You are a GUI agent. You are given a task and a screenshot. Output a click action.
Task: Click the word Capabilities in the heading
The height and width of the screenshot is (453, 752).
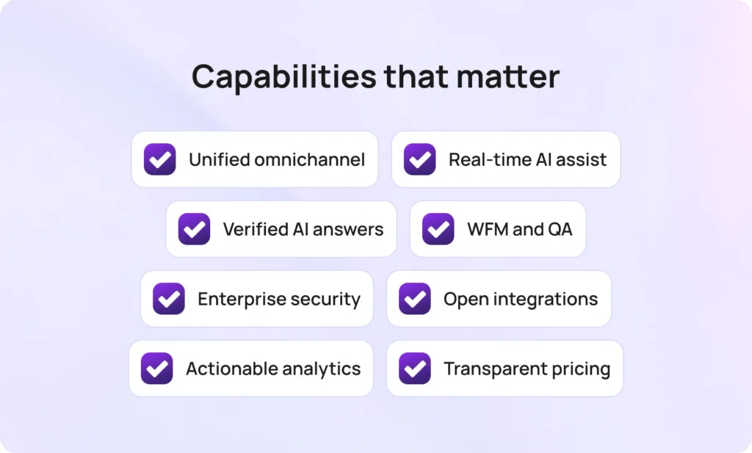point(284,76)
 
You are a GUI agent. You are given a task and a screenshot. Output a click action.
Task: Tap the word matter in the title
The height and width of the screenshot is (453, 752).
point(508,76)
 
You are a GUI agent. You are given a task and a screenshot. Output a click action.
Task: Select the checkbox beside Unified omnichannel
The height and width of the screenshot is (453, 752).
point(159,159)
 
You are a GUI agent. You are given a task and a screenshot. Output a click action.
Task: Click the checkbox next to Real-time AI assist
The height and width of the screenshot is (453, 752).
point(419,159)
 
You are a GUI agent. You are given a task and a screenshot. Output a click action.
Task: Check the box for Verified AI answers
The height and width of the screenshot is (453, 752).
point(194,229)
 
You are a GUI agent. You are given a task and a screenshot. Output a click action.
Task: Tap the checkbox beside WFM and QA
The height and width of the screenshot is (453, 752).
point(438,229)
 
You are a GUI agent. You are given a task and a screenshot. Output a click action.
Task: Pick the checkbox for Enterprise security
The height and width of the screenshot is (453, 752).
point(169,299)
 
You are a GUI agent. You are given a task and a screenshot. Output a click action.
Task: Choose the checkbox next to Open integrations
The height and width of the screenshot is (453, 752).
point(415,299)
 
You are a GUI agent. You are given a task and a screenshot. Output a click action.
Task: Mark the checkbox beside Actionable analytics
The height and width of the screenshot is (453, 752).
point(157,368)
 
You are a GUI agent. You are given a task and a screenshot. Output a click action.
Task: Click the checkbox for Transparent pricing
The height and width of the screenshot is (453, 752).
point(415,368)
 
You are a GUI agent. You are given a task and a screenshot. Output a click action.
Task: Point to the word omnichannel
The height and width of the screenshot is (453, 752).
point(310,159)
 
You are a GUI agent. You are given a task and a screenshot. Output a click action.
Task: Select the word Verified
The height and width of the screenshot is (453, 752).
point(255,229)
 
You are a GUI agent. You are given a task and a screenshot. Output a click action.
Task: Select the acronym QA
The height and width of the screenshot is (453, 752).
point(560,229)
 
